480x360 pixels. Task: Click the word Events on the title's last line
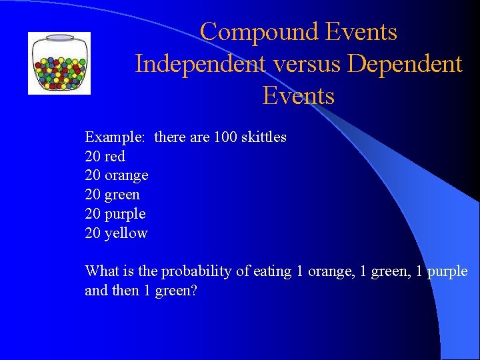[x=298, y=96]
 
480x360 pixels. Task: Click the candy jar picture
[x=59, y=63]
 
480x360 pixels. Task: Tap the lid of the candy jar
[x=59, y=38]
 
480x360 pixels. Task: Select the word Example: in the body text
[x=114, y=137]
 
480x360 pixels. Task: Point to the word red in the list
[x=115, y=157]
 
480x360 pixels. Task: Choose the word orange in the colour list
[x=127, y=175]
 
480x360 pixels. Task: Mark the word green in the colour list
[x=123, y=195]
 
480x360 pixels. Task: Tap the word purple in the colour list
[x=125, y=214]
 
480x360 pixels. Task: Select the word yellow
[x=126, y=233]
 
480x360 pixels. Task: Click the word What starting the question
[x=101, y=271]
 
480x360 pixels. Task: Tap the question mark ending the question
[x=193, y=291]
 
